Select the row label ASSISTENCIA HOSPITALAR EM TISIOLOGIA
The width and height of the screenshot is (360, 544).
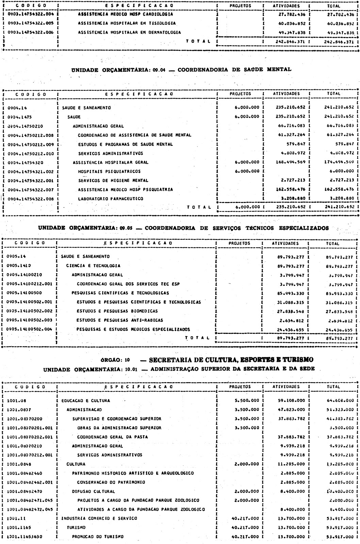point(127,23)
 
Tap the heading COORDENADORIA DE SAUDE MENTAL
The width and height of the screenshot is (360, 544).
point(234,69)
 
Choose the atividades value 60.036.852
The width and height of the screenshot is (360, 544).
point(290,23)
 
